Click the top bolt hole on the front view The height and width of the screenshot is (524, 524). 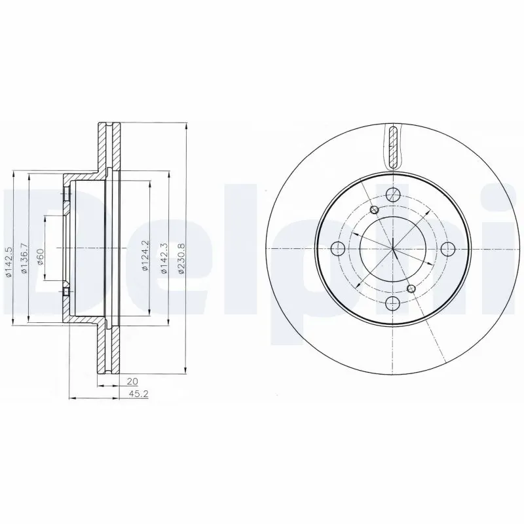tap(392, 195)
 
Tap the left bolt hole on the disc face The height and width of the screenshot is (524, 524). tap(339, 248)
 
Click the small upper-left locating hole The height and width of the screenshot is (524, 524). tap(374, 210)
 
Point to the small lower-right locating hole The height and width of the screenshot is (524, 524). tap(411, 288)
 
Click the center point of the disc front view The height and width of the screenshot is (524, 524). tap(392, 248)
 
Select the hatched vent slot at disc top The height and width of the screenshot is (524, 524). tap(392, 147)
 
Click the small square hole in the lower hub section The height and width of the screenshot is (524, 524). tap(66, 290)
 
